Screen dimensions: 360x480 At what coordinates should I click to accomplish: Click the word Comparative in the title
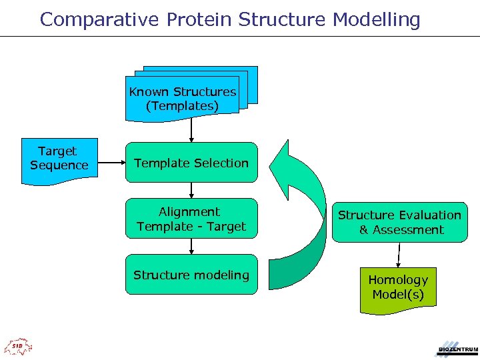pyautogui.click(x=99, y=19)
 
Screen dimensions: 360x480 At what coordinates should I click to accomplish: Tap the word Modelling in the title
pyautogui.click(x=377, y=19)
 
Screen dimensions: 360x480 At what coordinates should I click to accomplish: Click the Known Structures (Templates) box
pyautogui.click(x=182, y=99)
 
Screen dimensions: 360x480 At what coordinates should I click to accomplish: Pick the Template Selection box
pyautogui.click(x=191, y=163)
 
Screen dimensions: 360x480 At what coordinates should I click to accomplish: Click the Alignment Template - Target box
pyautogui.click(x=191, y=219)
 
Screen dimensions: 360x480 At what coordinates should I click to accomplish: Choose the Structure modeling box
pyautogui.click(x=191, y=275)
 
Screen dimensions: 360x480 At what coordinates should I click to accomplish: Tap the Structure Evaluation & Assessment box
pyautogui.click(x=400, y=223)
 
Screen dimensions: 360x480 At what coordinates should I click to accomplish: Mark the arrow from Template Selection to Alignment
pyautogui.click(x=191, y=190)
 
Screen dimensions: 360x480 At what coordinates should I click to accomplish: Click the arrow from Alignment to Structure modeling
pyautogui.click(x=191, y=246)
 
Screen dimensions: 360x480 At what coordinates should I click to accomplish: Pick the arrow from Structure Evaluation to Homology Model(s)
pyautogui.click(x=399, y=255)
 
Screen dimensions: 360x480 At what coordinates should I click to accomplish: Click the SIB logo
pyautogui.click(x=18, y=346)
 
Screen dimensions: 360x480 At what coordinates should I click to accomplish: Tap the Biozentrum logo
pyautogui.click(x=457, y=347)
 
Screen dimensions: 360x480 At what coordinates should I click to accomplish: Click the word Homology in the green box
pyautogui.click(x=398, y=280)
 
